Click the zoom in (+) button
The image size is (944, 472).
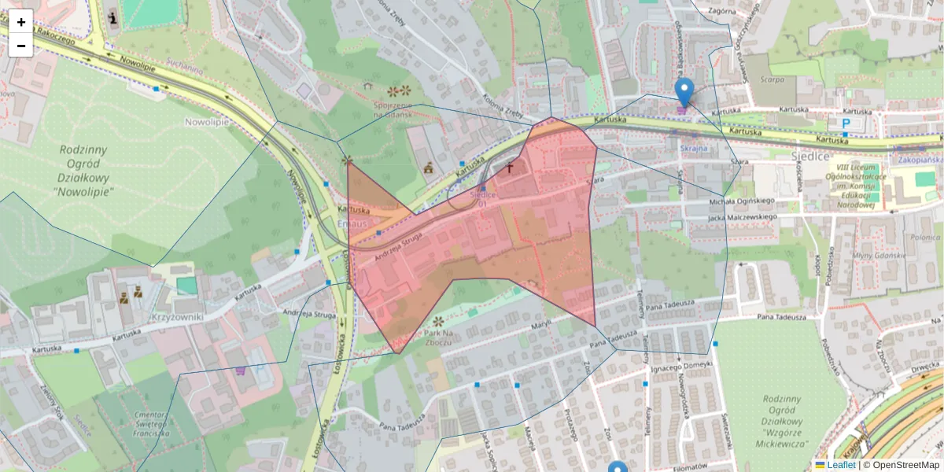click(21, 22)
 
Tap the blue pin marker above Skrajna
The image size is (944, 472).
click(685, 91)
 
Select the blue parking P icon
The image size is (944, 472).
click(846, 123)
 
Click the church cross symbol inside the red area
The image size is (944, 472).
click(510, 168)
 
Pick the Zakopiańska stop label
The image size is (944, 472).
click(919, 158)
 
